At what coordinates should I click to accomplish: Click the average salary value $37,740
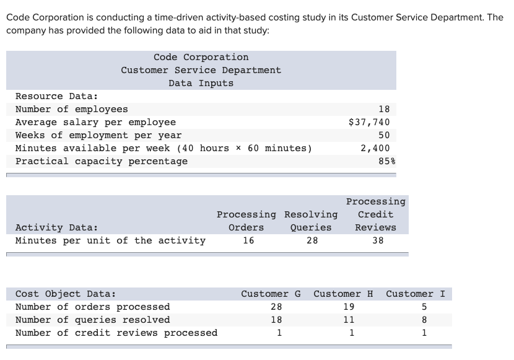click(369, 122)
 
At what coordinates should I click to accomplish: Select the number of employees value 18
click(383, 109)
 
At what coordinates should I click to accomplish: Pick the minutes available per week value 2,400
click(375, 148)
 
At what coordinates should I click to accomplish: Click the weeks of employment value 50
click(383, 135)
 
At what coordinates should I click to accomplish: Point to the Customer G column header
click(271, 294)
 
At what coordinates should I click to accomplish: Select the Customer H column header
click(343, 294)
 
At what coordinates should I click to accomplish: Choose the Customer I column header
click(416, 294)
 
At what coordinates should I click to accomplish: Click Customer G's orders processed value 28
click(276, 307)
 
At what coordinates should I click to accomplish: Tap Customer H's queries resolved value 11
click(349, 320)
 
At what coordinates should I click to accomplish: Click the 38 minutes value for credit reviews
click(378, 240)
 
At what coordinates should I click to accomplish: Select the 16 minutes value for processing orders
click(248, 240)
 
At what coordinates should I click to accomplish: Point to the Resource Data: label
click(56, 96)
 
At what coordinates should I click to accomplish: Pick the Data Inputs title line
click(201, 83)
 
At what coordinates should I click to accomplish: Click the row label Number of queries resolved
click(92, 320)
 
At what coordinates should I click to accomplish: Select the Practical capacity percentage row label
click(101, 161)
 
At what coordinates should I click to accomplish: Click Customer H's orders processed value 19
click(349, 307)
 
